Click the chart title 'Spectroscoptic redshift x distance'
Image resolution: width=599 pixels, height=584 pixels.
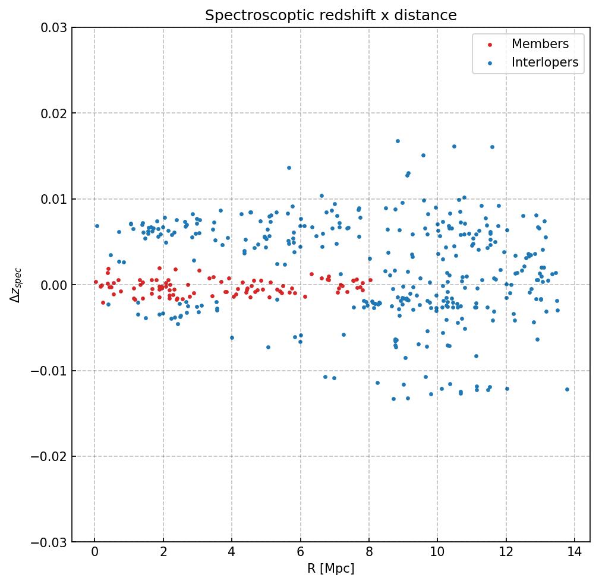pos(331,15)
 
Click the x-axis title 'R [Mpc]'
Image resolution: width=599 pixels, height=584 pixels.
pos(331,569)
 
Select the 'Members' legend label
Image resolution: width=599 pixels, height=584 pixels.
pos(540,44)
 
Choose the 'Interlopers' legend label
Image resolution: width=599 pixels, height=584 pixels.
pos(545,62)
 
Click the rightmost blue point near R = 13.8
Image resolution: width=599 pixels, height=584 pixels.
pos(567,390)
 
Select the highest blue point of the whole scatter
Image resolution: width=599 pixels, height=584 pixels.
pos(398,141)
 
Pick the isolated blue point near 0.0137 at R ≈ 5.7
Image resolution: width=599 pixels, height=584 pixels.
pos(289,168)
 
